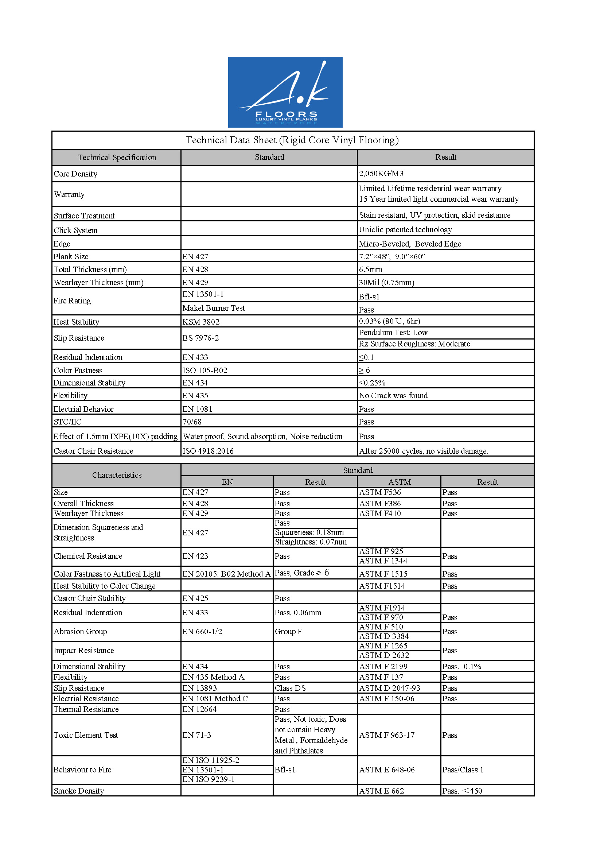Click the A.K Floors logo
tap(285, 92)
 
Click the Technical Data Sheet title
tap(292, 140)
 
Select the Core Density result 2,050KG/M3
tap(381, 174)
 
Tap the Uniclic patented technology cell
tap(405, 230)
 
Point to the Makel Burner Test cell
tap(214, 308)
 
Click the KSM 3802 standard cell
tap(201, 322)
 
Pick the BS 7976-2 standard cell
tap(200, 338)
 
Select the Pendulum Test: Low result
tap(393, 333)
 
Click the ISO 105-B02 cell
tap(204, 370)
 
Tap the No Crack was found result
tap(393, 395)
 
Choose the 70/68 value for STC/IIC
tap(192, 422)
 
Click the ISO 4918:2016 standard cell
tap(208, 451)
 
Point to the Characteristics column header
tap(117, 475)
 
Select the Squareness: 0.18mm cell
tap(309, 532)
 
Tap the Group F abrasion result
tap(288, 631)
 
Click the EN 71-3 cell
tap(197, 735)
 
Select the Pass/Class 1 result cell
tap(463, 769)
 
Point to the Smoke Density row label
tap(79, 791)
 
